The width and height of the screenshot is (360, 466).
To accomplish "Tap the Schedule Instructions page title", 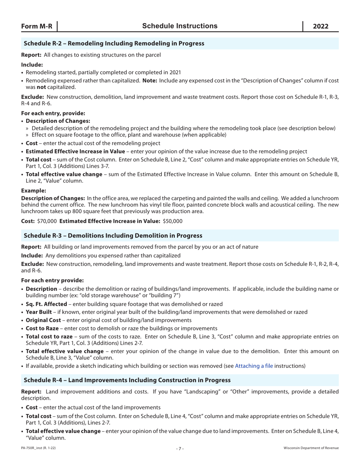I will [x=180, y=26].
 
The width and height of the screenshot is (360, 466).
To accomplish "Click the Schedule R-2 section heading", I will [x=114, y=44].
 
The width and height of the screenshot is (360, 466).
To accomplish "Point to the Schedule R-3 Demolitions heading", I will [x=113, y=236].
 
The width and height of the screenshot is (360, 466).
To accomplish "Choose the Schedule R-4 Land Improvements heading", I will [x=127, y=380].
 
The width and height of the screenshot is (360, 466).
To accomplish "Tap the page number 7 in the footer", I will [x=180, y=449].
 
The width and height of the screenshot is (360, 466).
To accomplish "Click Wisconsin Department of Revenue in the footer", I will [x=311, y=448].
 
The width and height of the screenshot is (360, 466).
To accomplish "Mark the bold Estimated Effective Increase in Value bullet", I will [x=75, y=151].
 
